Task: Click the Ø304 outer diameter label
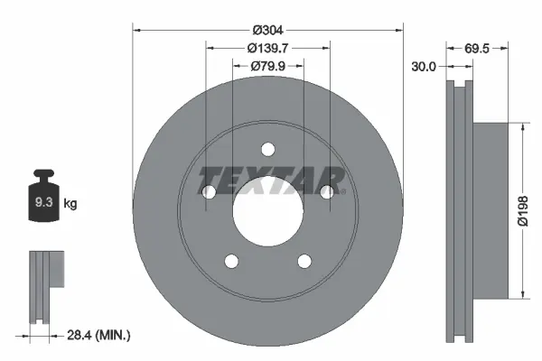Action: point(268,31)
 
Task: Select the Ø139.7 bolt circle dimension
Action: point(268,48)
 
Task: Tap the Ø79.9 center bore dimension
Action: point(268,66)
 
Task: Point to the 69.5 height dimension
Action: point(477,49)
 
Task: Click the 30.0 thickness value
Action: point(424,66)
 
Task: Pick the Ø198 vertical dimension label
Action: point(523,211)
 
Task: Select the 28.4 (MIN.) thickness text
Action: point(98,335)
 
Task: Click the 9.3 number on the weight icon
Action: point(43,202)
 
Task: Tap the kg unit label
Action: point(70,203)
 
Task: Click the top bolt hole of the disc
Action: point(268,150)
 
